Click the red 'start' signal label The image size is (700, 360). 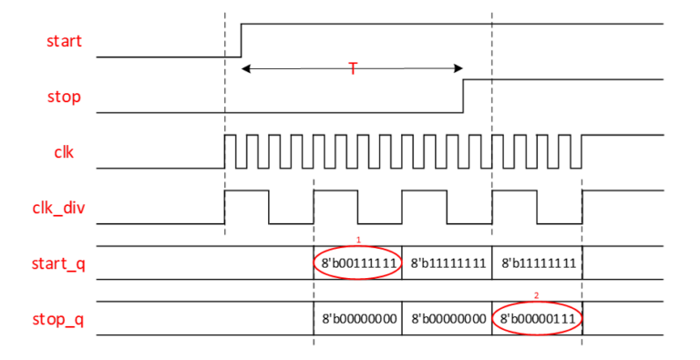(x=65, y=41)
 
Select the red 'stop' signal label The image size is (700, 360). (x=65, y=96)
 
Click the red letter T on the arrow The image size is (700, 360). (x=353, y=68)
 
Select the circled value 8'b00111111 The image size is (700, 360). (x=358, y=263)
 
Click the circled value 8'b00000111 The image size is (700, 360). (x=537, y=319)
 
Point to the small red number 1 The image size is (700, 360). (x=358, y=240)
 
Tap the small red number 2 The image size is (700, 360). (x=536, y=295)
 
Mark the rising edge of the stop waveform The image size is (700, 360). (x=464, y=95)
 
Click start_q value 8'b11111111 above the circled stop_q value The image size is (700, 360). (x=537, y=263)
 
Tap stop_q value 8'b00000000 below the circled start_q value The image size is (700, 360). (x=358, y=319)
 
